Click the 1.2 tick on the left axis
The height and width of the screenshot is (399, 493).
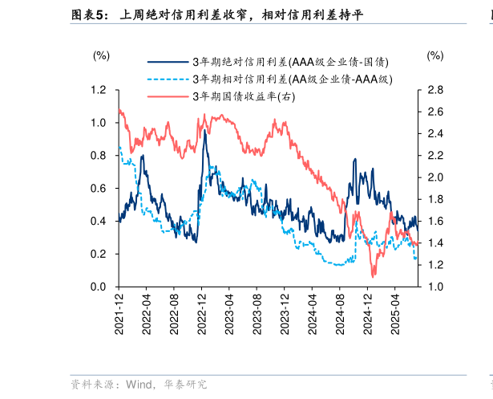click(99, 90)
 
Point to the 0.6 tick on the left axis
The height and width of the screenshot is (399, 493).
click(99, 189)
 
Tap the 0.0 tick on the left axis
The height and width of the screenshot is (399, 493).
click(99, 287)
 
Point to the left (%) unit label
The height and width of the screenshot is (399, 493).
click(101, 55)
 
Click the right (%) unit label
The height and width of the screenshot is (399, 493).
click(434, 55)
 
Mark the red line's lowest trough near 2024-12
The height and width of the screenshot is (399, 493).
click(373, 276)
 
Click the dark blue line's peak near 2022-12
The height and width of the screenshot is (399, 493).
click(204, 131)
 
